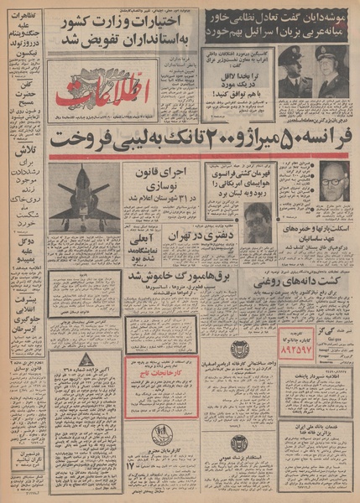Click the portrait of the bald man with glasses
click(x=334, y=181)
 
